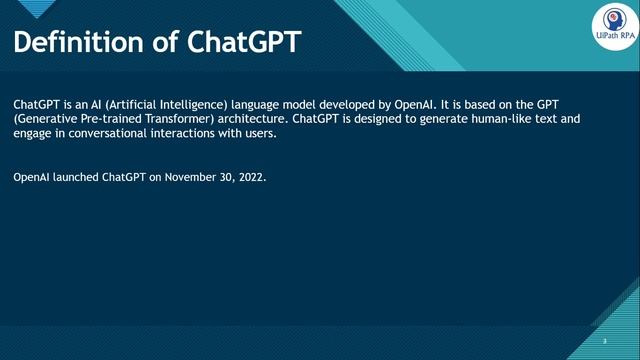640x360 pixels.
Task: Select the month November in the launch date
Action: [x=190, y=177]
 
